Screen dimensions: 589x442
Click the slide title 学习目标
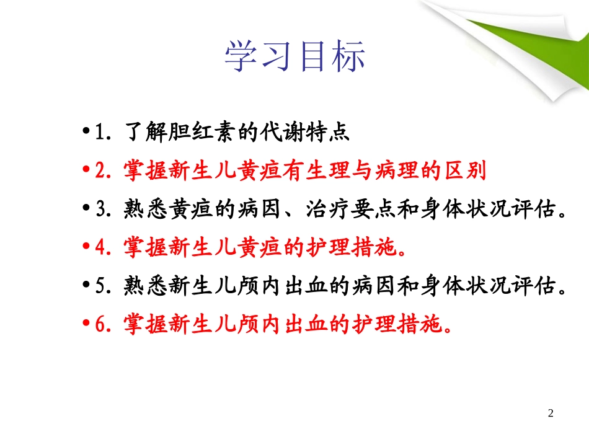[x=295, y=56]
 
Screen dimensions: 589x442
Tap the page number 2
[x=551, y=413]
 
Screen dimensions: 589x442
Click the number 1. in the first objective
[x=103, y=132]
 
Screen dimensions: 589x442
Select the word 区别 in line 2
[x=466, y=170]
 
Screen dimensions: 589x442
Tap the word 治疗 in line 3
[x=327, y=209]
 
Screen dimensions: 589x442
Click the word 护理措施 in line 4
[x=351, y=247]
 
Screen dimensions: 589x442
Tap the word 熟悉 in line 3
[x=145, y=209]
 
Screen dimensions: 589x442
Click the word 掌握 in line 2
[x=145, y=170]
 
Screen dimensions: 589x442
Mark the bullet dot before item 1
[x=86, y=131]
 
